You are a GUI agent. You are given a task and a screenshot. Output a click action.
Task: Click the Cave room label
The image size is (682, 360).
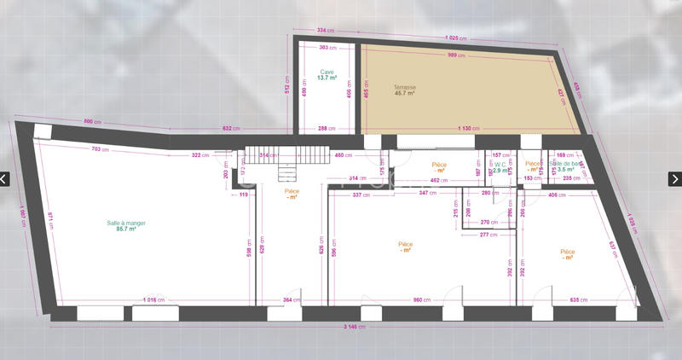[327, 72]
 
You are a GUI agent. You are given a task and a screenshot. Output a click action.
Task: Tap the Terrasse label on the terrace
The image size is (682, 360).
[404, 87]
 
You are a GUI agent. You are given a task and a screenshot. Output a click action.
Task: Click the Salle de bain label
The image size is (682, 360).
[566, 163]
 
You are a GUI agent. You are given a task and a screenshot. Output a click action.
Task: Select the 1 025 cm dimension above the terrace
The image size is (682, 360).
[457, 38]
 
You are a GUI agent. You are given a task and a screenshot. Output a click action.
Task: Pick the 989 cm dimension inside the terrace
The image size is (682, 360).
[456, 55]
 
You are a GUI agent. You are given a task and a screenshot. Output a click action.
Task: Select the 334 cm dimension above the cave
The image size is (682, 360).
[324, 30]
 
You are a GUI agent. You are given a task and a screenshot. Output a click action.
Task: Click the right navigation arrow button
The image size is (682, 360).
[674, 179]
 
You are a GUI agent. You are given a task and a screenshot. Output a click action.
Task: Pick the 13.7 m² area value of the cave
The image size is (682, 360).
[327, 78]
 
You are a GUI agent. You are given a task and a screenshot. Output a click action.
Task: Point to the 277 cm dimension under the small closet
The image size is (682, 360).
[488, 234]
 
